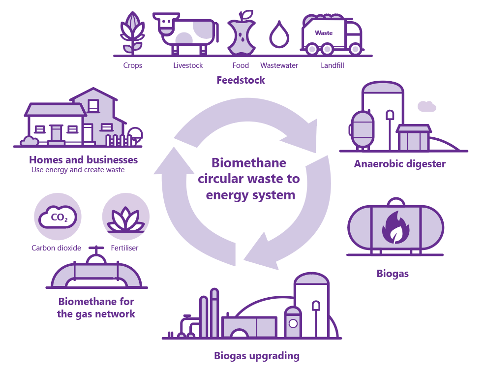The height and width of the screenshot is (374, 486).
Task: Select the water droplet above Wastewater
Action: coord(279,34)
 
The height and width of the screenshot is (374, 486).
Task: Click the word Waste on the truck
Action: coord(324,33)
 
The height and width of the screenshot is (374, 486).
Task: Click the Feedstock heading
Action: coord(241,80)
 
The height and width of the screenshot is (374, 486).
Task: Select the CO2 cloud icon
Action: coord(57,218)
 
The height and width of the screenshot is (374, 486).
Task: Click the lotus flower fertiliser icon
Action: coord(125,219)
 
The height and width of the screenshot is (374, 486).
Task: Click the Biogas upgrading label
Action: coord(256,355)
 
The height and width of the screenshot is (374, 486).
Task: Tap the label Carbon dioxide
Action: coord(56,248)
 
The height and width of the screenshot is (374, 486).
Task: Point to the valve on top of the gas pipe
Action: coord(95,254)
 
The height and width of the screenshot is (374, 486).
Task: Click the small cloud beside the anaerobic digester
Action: coord(426,106)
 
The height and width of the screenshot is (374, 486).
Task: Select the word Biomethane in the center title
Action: coord(248,163)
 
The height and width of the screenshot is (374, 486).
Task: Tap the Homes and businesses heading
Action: coord(83,160)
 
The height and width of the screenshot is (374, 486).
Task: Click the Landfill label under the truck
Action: coord(332,65)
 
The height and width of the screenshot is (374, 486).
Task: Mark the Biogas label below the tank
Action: coord(392,274)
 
